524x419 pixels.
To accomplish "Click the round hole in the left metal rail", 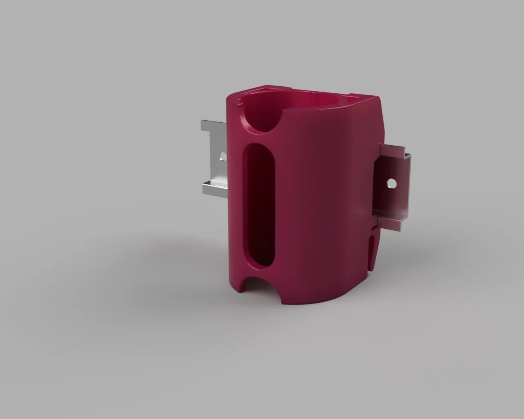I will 223,156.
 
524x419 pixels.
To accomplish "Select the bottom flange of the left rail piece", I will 214,189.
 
